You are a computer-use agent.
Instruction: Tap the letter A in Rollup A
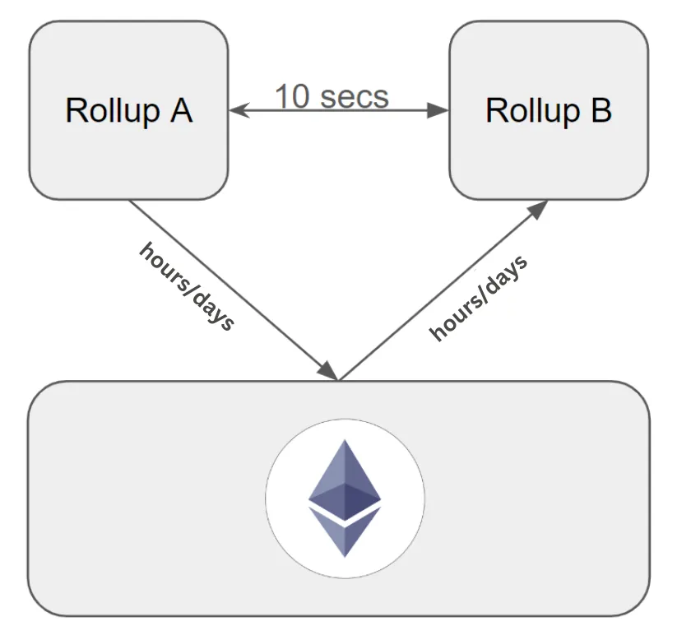[181, 110]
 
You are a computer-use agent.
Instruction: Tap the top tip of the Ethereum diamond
[345, 441]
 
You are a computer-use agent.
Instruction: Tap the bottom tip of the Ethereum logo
[345, 556]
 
